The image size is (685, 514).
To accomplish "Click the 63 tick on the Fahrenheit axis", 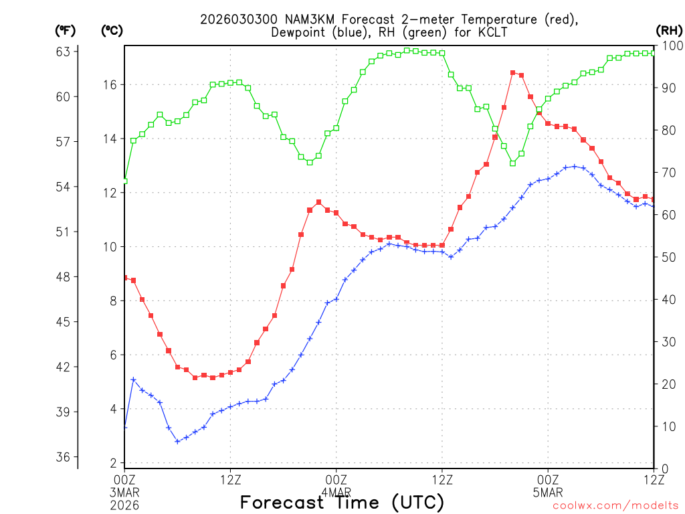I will (x=67, y=52).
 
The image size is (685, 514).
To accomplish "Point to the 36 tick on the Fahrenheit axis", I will (x=67, y=457).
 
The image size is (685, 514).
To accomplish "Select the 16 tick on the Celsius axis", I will (x=110, y=84).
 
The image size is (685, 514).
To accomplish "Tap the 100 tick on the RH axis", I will (x=668, y=46).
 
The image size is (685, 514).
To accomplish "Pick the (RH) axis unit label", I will (x=669, y=30).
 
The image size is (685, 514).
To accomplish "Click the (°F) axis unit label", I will (x=66, y=30).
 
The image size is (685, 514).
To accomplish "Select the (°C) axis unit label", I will (x=112, y=30).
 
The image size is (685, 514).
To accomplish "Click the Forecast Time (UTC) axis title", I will (x=342, y=502).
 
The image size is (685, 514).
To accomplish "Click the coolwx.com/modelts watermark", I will (x=615, y=506).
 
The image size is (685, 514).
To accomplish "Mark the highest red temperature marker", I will (x=512, y=72).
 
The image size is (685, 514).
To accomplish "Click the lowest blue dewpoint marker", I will (x=177, y=441).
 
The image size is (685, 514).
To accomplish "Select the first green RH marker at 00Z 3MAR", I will (x=124, y=181).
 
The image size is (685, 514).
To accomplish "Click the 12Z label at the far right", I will (x=654, y=479).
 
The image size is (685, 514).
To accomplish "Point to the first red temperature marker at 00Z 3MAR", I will (x=124, y=277).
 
